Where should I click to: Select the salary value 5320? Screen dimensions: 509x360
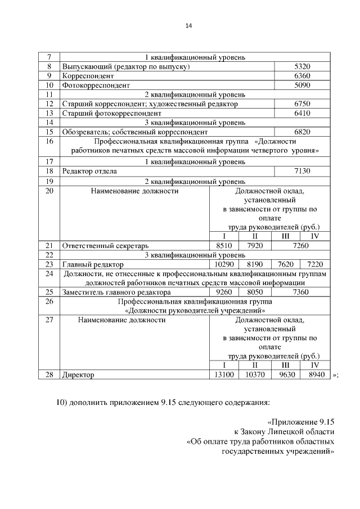[302, 66]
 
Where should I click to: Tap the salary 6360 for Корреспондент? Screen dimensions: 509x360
[302, 76]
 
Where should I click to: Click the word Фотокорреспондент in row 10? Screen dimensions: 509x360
[96, 85]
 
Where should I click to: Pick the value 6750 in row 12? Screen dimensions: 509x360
[302, 104]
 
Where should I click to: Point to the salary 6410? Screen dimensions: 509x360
[302, 113]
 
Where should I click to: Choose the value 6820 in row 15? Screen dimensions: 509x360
[302, 132]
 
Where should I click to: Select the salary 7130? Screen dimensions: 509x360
[302, 172]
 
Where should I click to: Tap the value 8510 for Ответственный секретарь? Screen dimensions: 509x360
[224, 246]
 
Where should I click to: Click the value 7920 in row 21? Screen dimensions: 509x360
[254, 246]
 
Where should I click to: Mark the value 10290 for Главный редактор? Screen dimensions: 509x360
[224, 264]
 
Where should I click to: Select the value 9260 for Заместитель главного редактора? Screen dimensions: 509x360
[224, 292]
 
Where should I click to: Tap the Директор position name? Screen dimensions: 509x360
[78, 375]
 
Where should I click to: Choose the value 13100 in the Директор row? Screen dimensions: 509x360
[224, 375]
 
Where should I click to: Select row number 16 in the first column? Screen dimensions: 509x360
[49, 142]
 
